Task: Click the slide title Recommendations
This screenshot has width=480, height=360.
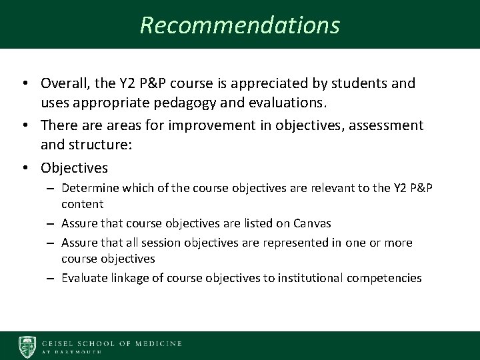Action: point(240,25)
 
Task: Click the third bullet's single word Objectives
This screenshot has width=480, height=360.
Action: point(74,166)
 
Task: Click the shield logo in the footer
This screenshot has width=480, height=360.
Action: point(27,346)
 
